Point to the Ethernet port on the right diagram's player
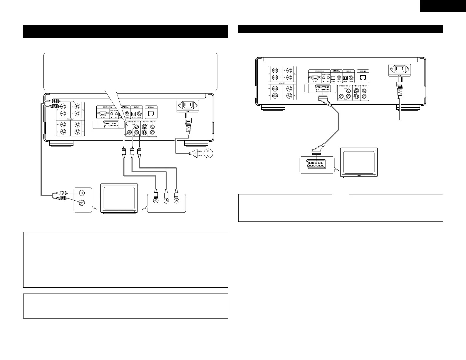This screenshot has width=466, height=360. tap(363, 78)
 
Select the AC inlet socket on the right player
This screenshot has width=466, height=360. tap(400, 69)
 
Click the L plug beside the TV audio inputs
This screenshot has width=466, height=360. tap(63, 193)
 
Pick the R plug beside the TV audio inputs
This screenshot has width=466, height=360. tap(63, 199)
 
